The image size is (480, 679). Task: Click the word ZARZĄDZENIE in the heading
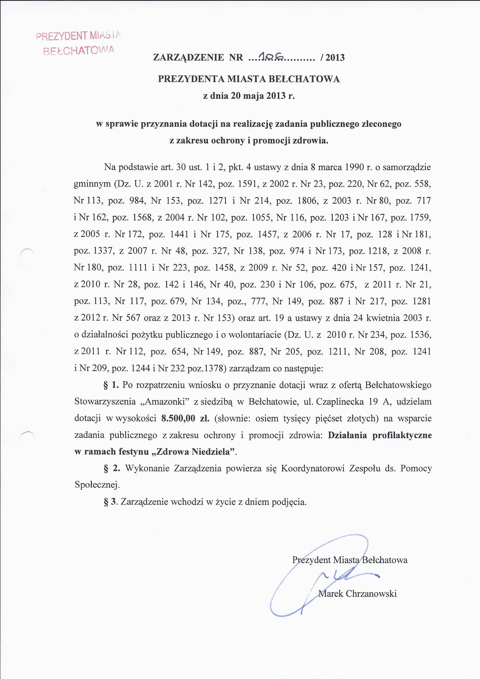point(188,57)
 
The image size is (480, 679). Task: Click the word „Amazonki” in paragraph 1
point(167,402)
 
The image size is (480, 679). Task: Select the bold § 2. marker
point(112,468)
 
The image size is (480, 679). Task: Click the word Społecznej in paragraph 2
point(97,485)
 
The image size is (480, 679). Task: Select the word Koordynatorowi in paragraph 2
point(313,468)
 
